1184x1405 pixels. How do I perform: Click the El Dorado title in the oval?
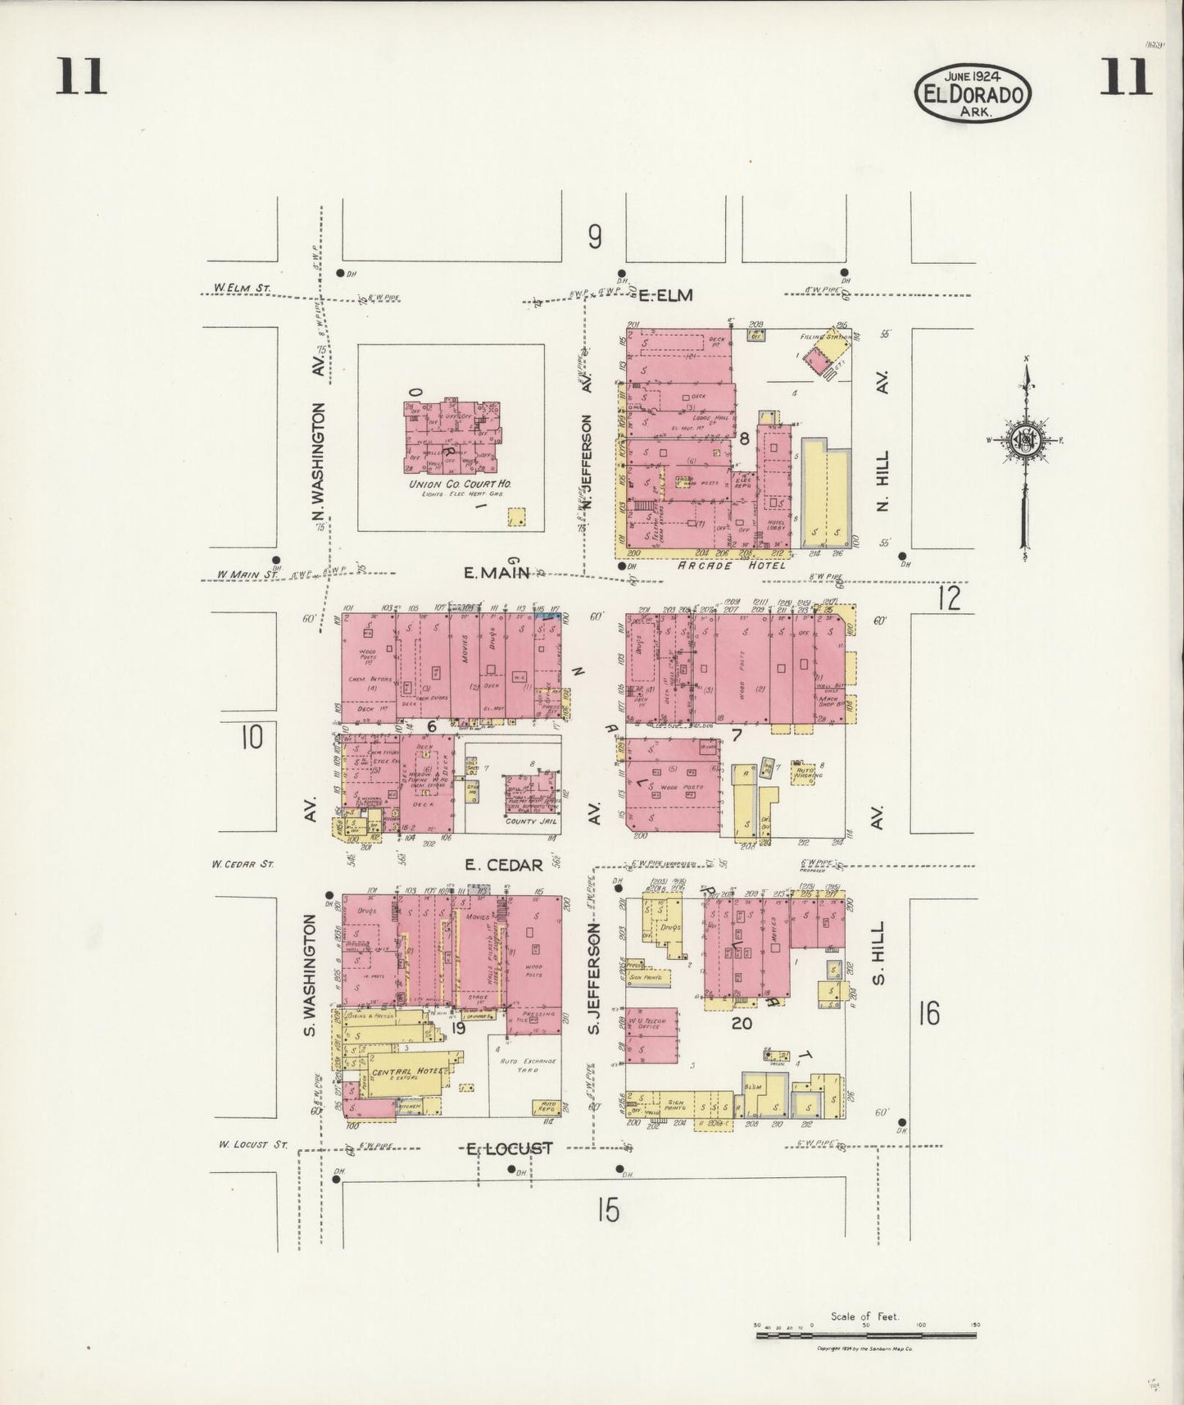coord(973,93)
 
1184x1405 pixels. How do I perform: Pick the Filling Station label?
coord(823,336)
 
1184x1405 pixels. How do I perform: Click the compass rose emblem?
coord(1024,439)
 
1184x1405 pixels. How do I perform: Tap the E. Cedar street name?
coord(503,865)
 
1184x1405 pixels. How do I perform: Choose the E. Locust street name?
coord(505,1148)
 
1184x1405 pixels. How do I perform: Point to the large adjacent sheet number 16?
coord(928,1014)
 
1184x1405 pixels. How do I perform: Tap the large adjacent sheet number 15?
coord(608,1210)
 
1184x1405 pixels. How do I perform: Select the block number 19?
coord(457,1027)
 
